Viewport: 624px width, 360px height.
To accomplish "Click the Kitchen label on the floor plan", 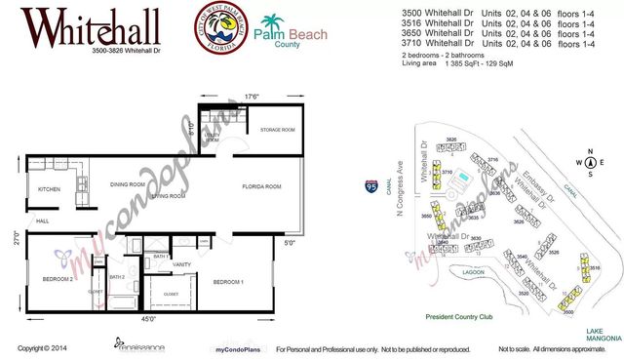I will point(50,188).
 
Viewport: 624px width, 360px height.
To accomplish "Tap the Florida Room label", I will point(262,186).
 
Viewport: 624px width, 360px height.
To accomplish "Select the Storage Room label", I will point(277,130).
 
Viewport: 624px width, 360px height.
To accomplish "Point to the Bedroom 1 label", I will point(228,282).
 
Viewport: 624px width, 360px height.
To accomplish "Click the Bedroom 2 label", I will point(58,278).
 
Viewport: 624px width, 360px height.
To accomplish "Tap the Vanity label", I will point(180,263).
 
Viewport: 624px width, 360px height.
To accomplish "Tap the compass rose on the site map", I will point(585,162).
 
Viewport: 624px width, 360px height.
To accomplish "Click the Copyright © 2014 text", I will point(42,348).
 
